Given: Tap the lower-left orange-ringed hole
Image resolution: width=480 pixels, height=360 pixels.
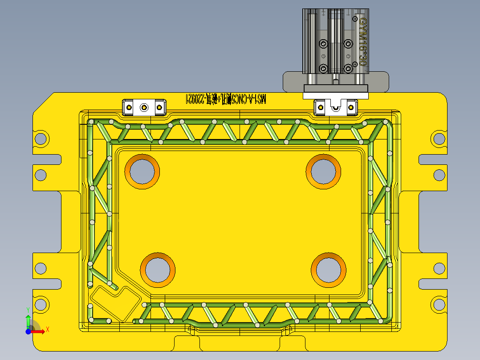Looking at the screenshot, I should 158,270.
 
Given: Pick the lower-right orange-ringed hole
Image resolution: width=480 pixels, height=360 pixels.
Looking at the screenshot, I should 329,270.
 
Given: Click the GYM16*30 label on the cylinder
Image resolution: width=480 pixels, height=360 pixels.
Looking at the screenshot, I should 362,42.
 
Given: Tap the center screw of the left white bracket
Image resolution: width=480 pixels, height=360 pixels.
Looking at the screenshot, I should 144,107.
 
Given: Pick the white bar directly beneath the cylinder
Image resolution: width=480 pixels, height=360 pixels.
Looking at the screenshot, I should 336,95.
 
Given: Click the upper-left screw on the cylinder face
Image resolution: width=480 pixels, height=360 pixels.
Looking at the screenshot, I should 324,44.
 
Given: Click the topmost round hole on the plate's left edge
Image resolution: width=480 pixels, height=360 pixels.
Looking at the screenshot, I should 41,139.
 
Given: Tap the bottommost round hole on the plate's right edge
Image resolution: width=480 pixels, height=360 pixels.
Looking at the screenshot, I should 439,305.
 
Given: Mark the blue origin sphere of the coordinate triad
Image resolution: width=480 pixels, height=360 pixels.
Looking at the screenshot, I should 28,331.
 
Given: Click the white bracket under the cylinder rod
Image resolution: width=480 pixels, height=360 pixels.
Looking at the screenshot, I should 336,107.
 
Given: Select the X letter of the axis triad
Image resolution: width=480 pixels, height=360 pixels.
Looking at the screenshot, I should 47,329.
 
